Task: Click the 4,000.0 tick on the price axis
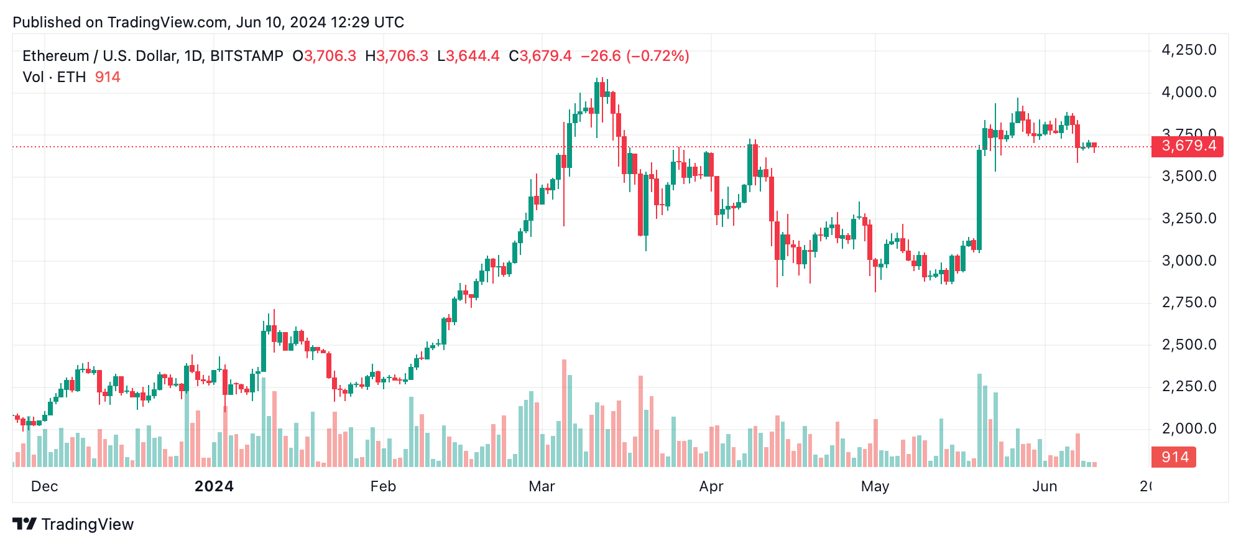pos(1189,93)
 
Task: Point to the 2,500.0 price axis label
pos(1189,345)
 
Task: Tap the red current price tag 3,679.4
pos(1188,146)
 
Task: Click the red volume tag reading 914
pos(1174,457)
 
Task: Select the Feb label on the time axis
pos(383,486)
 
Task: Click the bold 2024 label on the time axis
pos(214,486)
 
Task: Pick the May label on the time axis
pos(875,486)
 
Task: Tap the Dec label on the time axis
pos(44,486)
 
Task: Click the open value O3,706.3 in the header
pos(325,56)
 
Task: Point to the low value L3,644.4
pos(468,56)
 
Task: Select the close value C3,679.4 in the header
pos(540,56)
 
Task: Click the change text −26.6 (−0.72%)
pos(635,56)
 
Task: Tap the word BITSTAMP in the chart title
pos(247,56)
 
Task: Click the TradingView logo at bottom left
pos(73,524)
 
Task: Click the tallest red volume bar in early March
pos(564,414)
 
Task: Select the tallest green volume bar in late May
pos(979,420)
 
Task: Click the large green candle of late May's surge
pos(979,199)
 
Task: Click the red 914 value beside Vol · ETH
pos(108,77)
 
